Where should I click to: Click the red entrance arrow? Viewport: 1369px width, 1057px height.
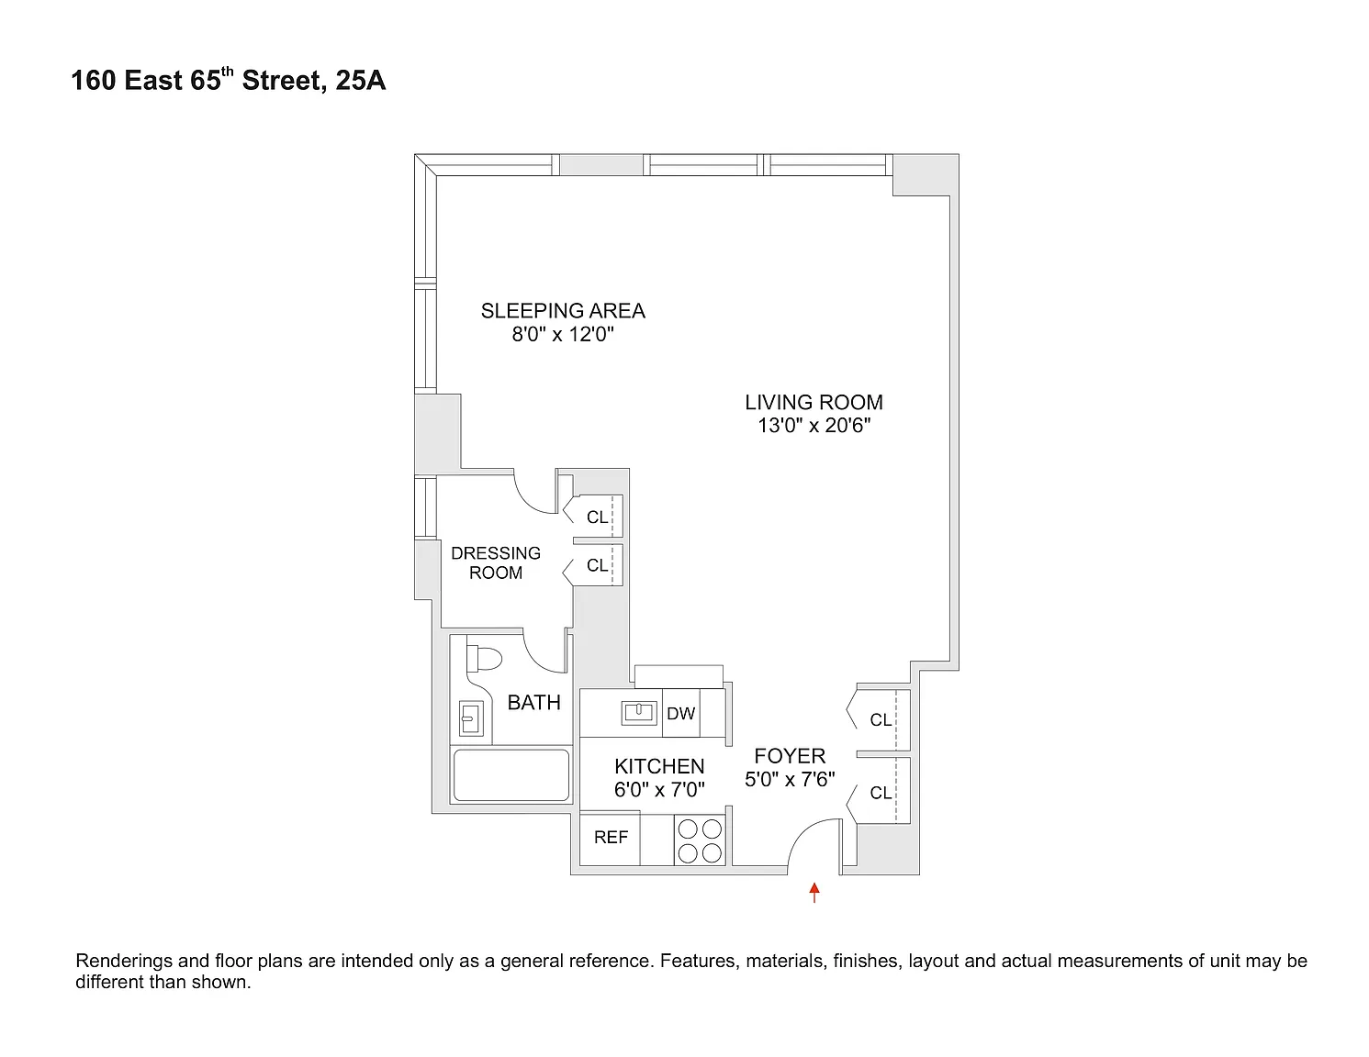pyautogui.click(x=814, y=892)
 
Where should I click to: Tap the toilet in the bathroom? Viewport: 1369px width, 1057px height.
pyautogui.click(x=483, y=659)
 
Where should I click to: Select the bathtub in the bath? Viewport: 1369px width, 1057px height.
pyautogui.click(x=511, y=775)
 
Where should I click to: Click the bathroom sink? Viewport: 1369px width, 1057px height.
pyautogui.click(x=471, y=718)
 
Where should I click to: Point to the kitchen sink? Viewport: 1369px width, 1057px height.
pyautogui.click(x=639, y=713)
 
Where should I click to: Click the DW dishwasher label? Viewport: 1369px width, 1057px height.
pyautogui.click(x=680, y=713)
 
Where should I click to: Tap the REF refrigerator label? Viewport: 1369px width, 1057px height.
pyautogui.click(x=611, y=838)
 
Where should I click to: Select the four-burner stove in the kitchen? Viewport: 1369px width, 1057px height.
pyautogui.click(x=700, y=840)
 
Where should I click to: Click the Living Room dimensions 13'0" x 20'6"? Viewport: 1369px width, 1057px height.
pyautogui.click(x=814, y=426)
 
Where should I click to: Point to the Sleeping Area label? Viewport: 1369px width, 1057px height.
pyautogui.click(x=563, y=311)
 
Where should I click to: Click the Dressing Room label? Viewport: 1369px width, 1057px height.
pyautogui.click(x=495, y=562)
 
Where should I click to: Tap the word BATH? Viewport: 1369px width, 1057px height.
pyautogui.click(x=533, y=703)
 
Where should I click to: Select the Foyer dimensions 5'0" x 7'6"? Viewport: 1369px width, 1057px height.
pyautogui.click(x=790, y=779)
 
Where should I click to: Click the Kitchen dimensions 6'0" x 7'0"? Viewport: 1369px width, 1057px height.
pyautogui.click(x=659, y=789)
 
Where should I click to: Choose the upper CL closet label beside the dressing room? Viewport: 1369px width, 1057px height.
pyautogui.click(x=597, y=517)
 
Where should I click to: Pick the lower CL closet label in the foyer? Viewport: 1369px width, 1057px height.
pyautogui.click(x=881, y=793)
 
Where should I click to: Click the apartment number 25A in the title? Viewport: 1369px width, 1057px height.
pyautogui.click(x=360, y=81)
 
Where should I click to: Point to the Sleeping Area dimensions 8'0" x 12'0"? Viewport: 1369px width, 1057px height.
pyautogui.click(x=563, y=334)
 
